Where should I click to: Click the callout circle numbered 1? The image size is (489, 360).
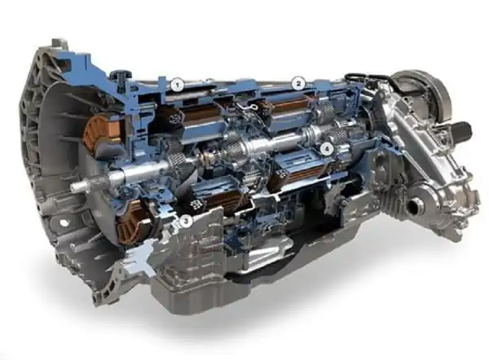pyautogui.click(x=175, y=83)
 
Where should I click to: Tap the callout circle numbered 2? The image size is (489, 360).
pyautogui.click(x=298, y=83)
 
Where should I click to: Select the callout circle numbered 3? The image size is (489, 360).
pyautogui.click(x=187, y=220)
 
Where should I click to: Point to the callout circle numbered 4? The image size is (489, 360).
pyautogui.click(x=326, y=149)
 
